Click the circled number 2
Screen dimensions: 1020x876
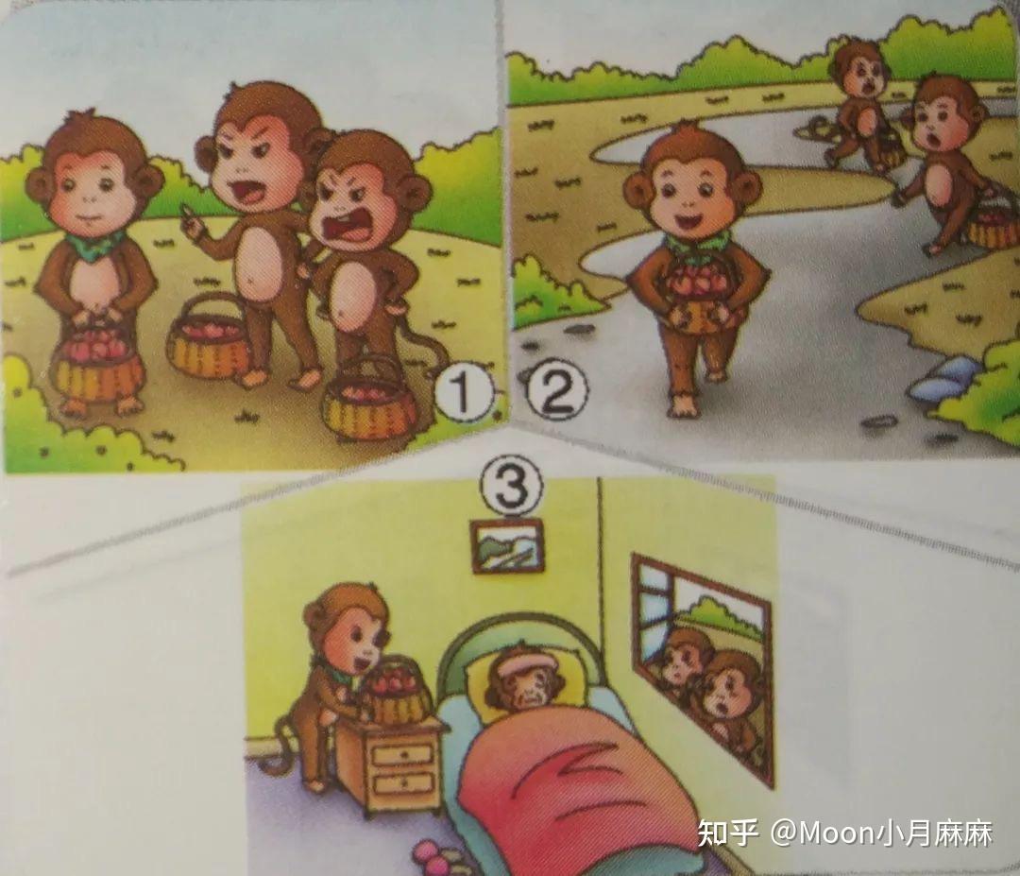point(555,391)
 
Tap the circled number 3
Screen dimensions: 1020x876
point(511,487)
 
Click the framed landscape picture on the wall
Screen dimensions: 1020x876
point(507,546)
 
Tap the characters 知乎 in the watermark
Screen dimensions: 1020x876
point(728,833)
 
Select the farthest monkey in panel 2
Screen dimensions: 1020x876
point(862,104)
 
